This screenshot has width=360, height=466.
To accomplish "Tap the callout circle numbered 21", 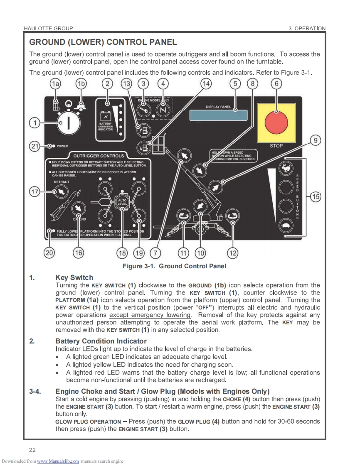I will pyautogui.click(x=35, y=146).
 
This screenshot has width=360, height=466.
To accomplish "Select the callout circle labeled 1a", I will pyautogui.click(x=55, y=84).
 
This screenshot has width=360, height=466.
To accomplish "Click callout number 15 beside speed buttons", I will pyautogui.click(x=316, y=196).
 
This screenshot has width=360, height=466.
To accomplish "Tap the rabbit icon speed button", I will pyautogui.click(x=285, y=169).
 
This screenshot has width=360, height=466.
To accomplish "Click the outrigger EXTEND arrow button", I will pyautogui.click(x=78, y=208).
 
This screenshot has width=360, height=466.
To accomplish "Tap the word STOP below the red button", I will pyautogui.click(x=276, y=146).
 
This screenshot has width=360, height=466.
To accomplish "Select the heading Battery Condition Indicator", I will pyautogui.click(x=101, y=341).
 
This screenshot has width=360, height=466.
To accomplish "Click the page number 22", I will pyautogui.click(x=32, y=449).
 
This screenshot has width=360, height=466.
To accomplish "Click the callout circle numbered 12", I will pyautogui.click(x=232, y=252).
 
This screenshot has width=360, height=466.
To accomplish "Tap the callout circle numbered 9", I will pyautogui.click(x=316, y=140).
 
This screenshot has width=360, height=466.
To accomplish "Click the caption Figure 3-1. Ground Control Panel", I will pyautogui.click(x=174, y=266).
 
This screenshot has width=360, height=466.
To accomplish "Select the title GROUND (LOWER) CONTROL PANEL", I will pyautogui.click(x=103, y=42).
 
